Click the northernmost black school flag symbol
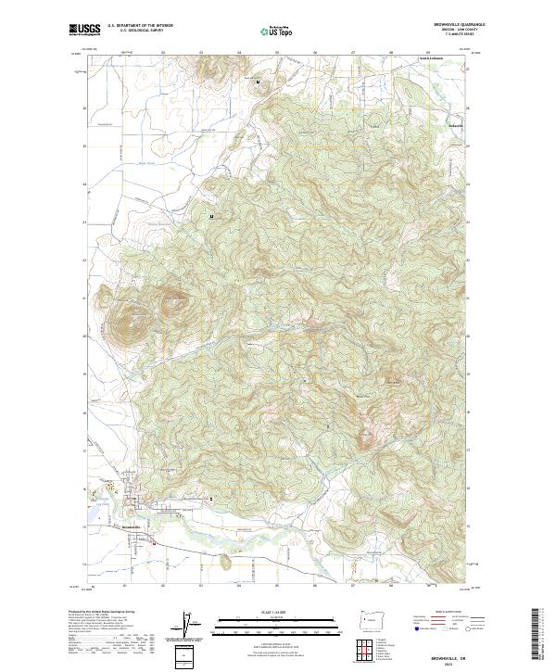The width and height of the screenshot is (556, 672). (x=259, y=82)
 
